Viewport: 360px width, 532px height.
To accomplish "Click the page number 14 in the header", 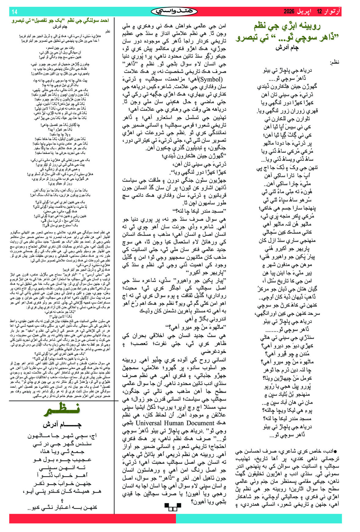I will tap(14, 12).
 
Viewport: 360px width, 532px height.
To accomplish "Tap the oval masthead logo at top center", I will tap(174, 12).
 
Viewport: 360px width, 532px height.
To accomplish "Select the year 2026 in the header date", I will tap(289, 12).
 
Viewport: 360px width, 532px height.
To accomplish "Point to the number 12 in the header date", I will tap(319, 12).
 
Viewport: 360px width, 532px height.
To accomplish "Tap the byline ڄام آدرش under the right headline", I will tap(287, 48).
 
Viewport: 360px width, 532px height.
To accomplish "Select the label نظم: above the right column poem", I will tap(334, 63).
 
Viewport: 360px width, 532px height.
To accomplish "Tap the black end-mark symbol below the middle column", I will tap(171, 507).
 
